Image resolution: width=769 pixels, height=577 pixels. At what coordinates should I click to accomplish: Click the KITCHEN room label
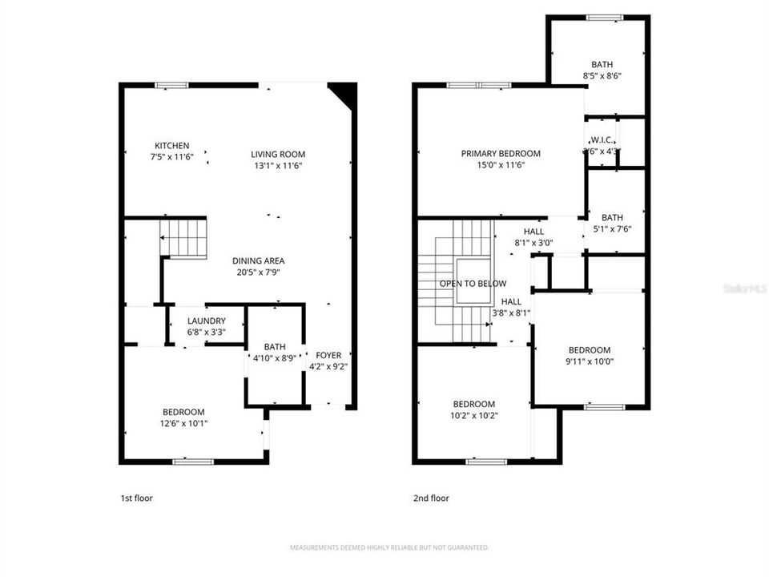172,145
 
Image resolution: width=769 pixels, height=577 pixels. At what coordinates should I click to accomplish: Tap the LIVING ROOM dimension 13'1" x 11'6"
278,166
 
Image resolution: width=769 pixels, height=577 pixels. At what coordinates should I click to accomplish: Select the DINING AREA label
258,260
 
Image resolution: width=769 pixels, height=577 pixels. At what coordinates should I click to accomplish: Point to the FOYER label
328,355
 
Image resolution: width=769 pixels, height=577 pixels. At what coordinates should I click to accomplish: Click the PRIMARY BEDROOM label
501,153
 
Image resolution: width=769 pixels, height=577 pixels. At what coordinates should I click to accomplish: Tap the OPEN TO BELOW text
473,284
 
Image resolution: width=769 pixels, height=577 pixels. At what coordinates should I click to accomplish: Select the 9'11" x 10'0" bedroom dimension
590,361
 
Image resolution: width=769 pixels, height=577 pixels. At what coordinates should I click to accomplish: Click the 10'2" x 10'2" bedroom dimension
473,415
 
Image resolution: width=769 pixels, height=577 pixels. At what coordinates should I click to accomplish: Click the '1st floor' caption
136,498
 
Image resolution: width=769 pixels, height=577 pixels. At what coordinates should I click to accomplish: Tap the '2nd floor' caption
431,498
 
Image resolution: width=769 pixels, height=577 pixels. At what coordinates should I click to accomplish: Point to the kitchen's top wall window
171,85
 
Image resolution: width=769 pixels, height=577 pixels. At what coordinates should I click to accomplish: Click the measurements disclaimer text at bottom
389,547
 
